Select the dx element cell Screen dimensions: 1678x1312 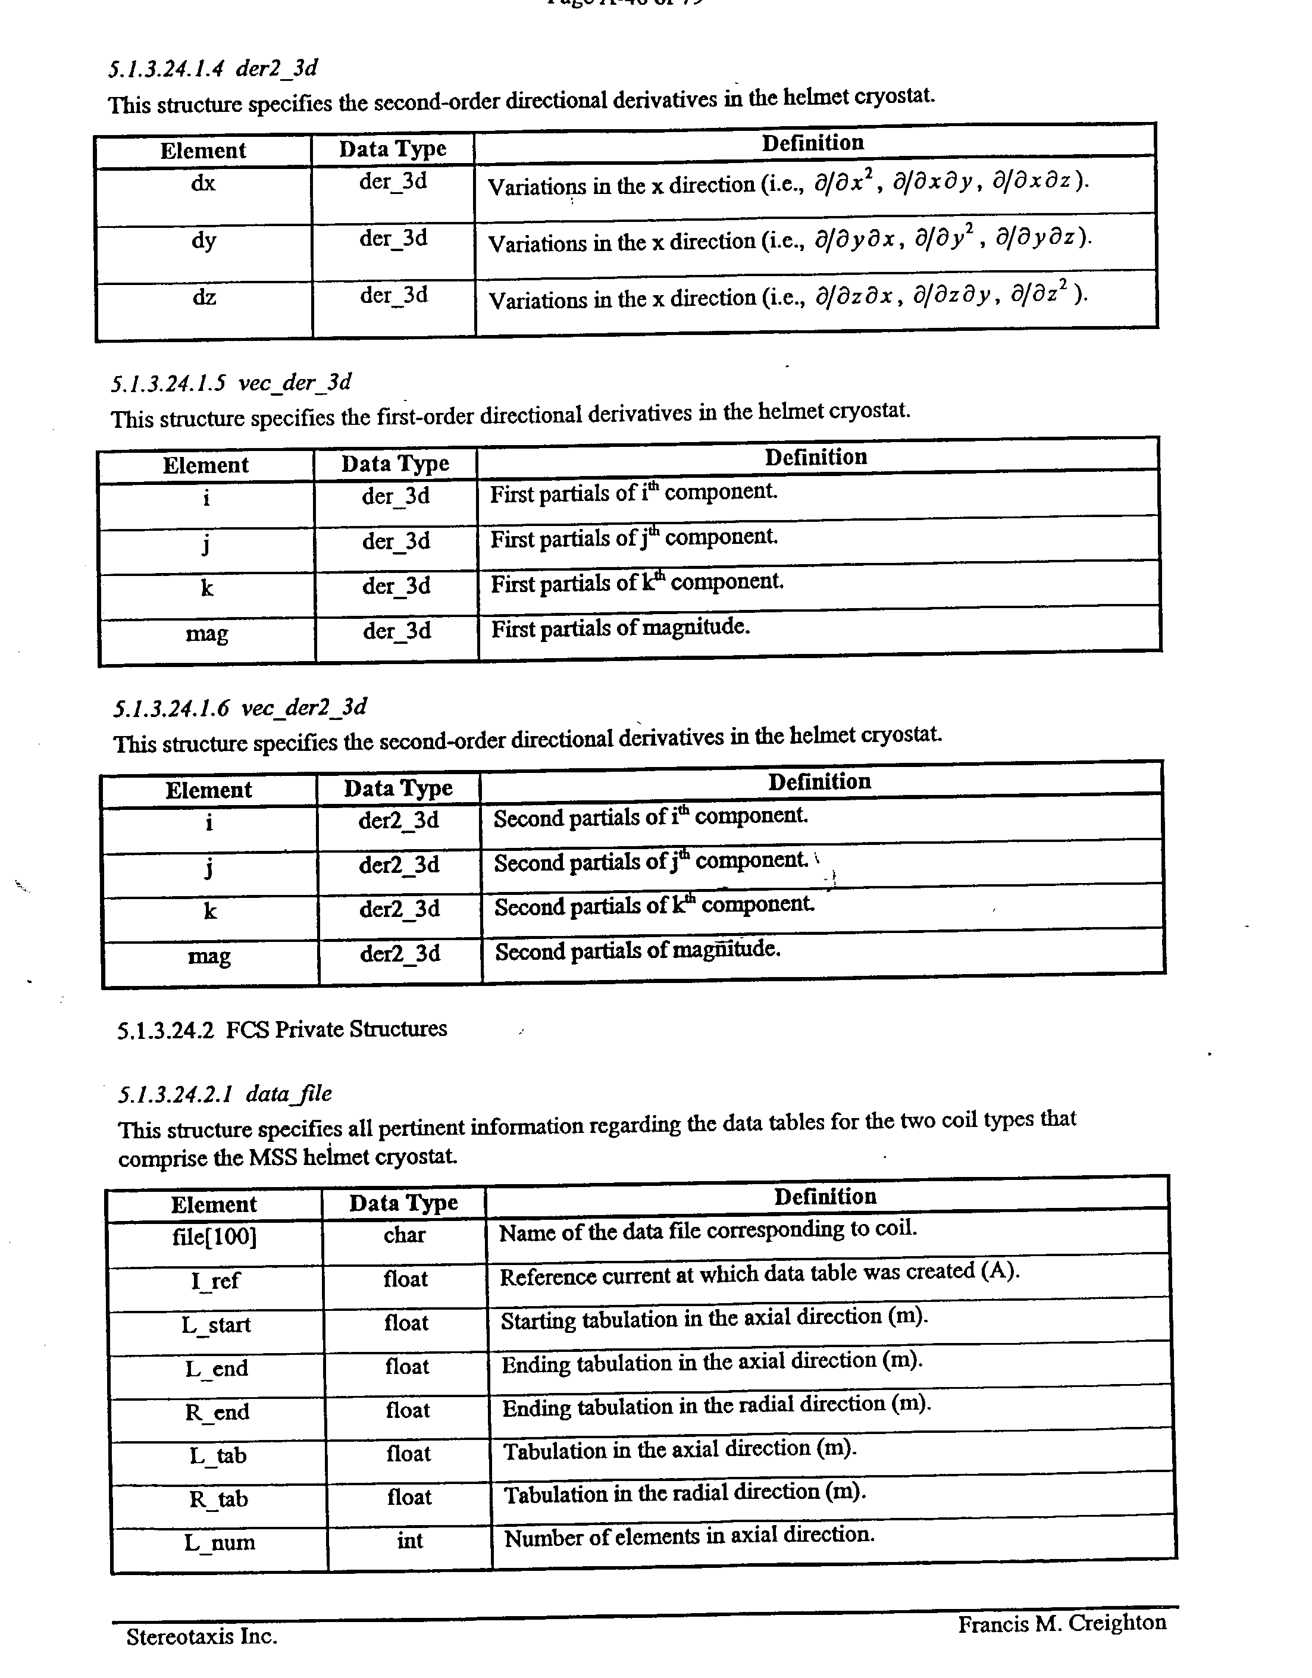tap(203, 184)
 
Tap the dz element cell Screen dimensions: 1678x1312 tap(204, 296)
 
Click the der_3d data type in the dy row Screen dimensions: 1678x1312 tap(393, 239)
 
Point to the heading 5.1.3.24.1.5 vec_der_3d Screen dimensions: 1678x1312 tap(231, 383)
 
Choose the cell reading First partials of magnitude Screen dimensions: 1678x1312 tap(620, 628)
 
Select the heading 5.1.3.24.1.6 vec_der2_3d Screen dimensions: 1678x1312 tap(240, 707)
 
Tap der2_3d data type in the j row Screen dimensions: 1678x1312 tap(399, 865)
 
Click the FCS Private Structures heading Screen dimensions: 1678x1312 tap(282, 1029)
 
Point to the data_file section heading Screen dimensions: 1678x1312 tap(224, 1094)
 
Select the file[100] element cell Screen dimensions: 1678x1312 tap(214, 1237)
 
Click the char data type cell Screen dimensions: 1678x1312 tap(405, 1235)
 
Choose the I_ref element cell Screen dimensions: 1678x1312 tap(215, 1281)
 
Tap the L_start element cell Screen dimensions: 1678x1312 tap(216, 1325)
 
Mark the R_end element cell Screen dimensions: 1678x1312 tap(217, 1412)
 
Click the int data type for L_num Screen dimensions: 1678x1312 tap(410, 1541)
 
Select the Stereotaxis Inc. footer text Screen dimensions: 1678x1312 tap(201, 1636)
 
